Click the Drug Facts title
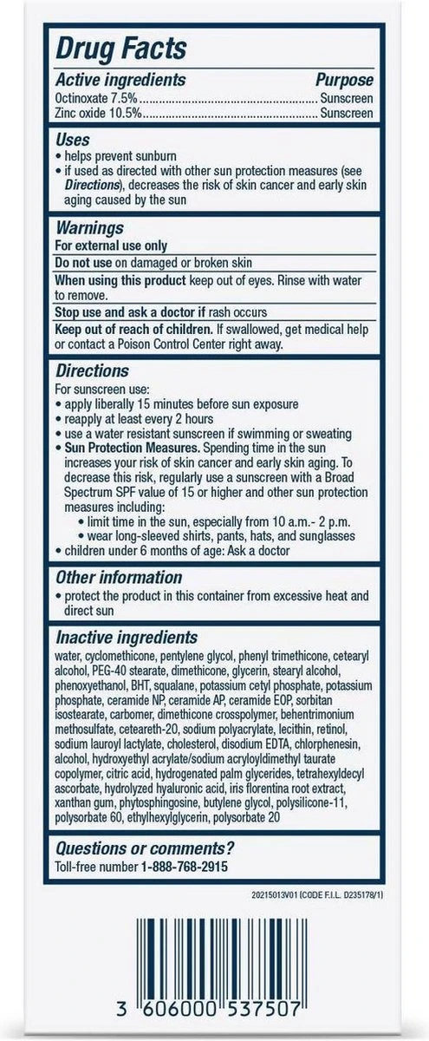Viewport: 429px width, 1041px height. tap(121, 48)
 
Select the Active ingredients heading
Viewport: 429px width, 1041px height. tap(121, 80)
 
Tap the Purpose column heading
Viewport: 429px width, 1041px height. tap(344, 80)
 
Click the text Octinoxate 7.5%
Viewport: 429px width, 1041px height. tap(91, 97)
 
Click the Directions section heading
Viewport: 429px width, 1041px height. tap(92, 369)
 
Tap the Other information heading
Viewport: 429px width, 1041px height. tap(119, 577)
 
